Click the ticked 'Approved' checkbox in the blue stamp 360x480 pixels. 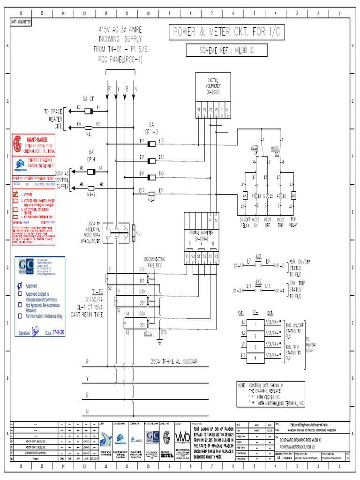[x=20, y=285]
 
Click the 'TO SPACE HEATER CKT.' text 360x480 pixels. [x=53, y=119]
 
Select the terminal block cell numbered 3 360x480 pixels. [x=255, y=346]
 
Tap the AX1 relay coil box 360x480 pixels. [x=245, y=195]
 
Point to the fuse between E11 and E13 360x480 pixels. [x=151, y=141]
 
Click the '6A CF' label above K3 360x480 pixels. [x=89, y=99]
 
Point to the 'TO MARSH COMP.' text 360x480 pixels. [x=311, y=345]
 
